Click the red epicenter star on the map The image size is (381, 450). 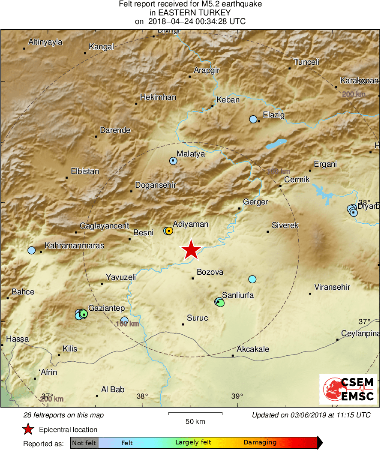pyautogui.click(x=191, y=250)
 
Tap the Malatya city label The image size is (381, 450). pyautogui.click(x=191, y=154)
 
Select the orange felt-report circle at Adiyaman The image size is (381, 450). pyautogui.click(x=169, y=231)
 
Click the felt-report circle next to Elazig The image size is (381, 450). pyautogui.click(x=253, y=119)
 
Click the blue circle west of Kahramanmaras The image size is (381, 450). pyautogui.click(x=31, y=250)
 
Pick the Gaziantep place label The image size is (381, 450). pyautogui.click(x=106, y=308)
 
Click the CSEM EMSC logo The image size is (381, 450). pyautogui.click(x=348, y=389)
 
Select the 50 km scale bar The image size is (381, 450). pyautogui.click(x=195, y=414)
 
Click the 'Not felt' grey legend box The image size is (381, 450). pyautogui.click(x=84, y=443)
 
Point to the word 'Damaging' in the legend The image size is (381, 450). pyautogui.click(x=260, y=443)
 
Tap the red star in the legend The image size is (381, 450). pyautogui.click(x=28, y=429)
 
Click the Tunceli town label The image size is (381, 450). pyautogui.click(x=306, y=62)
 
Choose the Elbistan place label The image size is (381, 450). pyautogui.click(x=85, y=171)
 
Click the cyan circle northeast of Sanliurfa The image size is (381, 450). pyautogui.click(x=252, y=279)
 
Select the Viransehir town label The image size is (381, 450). pyautogui.click(x=332, y=287)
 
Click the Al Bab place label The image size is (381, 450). pyautogui.click(x=113, y=390)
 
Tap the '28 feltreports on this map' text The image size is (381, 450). pyautogui.click(x=63, y=415)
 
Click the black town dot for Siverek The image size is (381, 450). pyautogui.click(x=268, y=232)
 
